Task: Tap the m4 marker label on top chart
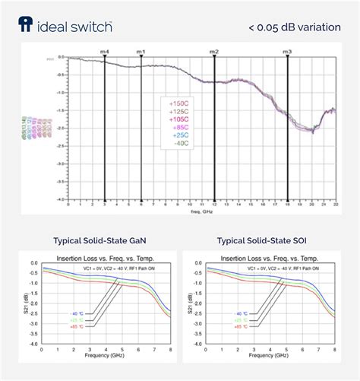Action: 105,51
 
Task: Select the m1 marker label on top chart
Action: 141,51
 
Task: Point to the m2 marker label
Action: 214,51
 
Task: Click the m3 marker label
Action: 287,51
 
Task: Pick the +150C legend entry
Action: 179,103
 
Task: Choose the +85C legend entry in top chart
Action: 181,126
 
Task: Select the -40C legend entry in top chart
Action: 181,142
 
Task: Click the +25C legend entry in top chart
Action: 181,135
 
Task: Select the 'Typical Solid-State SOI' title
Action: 263,240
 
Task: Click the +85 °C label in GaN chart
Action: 77,326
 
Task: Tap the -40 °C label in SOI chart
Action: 242,313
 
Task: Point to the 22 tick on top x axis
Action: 335,205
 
